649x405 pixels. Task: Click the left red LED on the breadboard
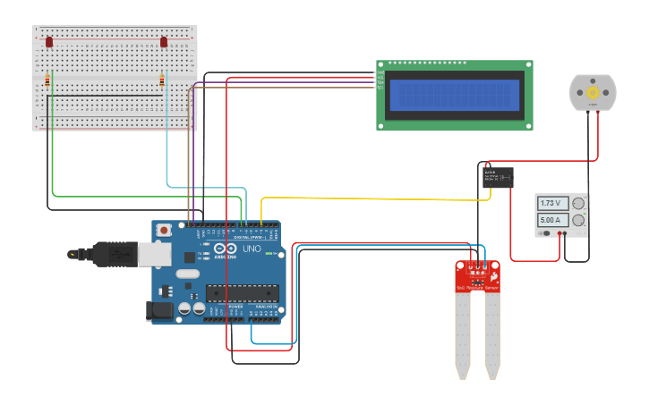pos(49,42)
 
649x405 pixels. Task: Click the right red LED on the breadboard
pos(164,42)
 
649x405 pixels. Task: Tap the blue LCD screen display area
pos(455,95)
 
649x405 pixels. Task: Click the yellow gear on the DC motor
pos(593,92)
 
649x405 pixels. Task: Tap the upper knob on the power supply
pos(578,204)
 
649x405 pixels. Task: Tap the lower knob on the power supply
pos(578,220)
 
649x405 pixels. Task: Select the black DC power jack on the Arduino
pos(158,310)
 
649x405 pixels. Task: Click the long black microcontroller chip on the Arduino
pos(242,292)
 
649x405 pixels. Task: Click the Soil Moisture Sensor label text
pos(476,288)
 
